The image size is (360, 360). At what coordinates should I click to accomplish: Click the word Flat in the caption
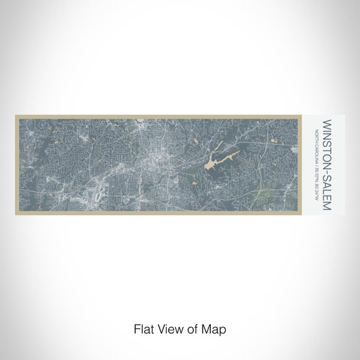(x=143, y=328)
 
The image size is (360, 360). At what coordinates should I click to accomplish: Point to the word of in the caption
(x=192, y=328)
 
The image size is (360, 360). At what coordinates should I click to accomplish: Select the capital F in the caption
(x=135, y=328)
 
